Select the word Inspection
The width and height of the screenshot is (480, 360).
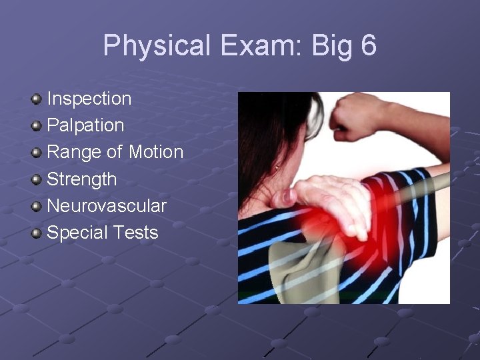[x=89, y=99]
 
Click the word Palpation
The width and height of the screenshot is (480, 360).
[x=85, y=125]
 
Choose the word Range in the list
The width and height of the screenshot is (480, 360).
[x=73, y=152]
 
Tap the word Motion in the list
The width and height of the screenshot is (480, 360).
[x=156, y=152]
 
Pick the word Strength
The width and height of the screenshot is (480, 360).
[x=81, y=179]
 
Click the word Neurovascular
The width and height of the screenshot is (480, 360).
[x=107, y=206]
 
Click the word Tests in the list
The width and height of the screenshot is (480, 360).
[x=136, y=233]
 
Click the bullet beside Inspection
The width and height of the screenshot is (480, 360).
[x=37, y=99]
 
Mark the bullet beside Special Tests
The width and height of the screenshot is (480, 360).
[x=37, y=233]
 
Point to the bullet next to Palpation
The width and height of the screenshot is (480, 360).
[x=37, y=126]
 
